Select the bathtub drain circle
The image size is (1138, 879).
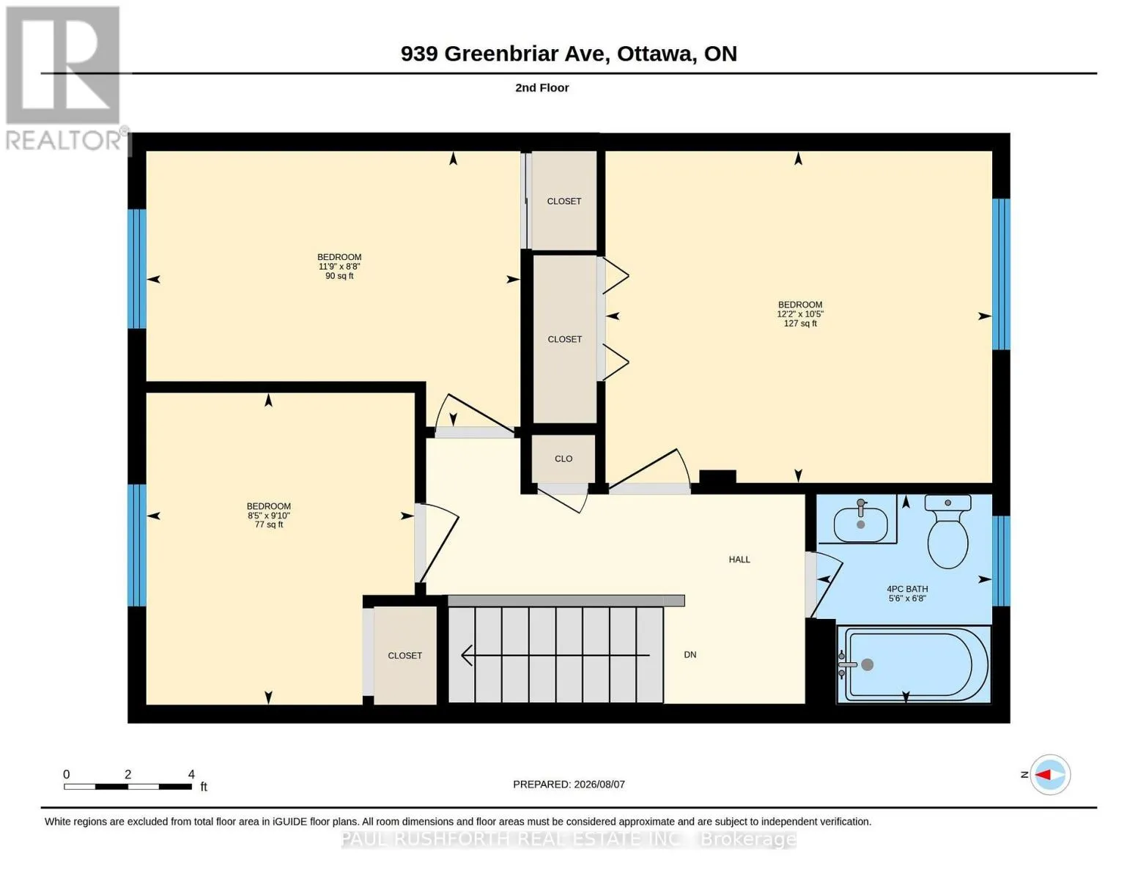(x=868, y=664)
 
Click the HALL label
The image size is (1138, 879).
(x=739, y=560)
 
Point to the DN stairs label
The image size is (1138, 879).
(x=690, y=654)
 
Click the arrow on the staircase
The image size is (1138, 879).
(x=555, y=655)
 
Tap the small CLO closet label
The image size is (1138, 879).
(x=564, y=459)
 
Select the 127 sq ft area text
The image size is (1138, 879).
(x=799, y=324)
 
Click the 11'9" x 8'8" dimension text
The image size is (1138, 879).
(x=339, y=267)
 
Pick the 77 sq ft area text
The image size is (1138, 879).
(x=269, y=524)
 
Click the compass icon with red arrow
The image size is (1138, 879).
(x=1049, y=775)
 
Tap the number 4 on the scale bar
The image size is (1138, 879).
(x=191, y=774)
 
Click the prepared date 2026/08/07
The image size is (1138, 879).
(x=599, y=785)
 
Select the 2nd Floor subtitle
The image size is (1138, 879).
(x=542, y=88)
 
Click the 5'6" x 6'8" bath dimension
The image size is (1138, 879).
(x=907, y=598)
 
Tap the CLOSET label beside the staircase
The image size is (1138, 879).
(x=404, y=656)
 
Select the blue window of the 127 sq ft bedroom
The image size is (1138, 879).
(x=1001, y=275)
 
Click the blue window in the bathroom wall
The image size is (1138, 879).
(x=1001, y=560)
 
